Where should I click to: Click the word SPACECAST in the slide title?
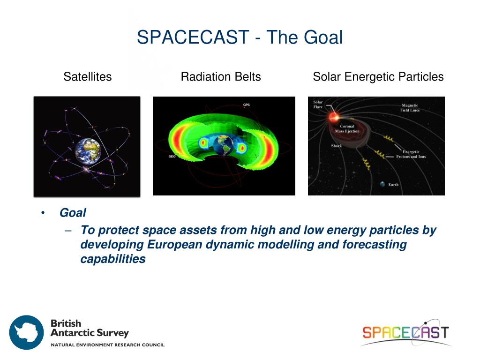[x=193, y=37]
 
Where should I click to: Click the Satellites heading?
[x=88, y=76]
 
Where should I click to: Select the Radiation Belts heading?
[x=221, y=76]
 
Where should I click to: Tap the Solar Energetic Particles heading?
[x=378, y=77]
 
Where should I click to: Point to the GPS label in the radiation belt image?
[x=247, y=105]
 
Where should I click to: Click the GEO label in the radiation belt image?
[x=172, y=157]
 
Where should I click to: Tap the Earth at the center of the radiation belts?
[x=224, y=145]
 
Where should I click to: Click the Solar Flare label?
[x=318, y=105]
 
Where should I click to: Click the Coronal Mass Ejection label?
[x=347, y=128]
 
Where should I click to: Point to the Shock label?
[x=337, y=146]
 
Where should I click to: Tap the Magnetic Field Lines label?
[x=410, y=108]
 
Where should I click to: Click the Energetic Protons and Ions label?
[x=411, y=154]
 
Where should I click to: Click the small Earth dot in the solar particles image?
[x=382, y=184]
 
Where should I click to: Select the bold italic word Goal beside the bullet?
[x=73, y=213]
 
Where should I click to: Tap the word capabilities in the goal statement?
[x=113, y=259]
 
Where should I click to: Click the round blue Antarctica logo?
[x=26, y=332]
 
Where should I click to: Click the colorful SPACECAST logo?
[x=406, y=332]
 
